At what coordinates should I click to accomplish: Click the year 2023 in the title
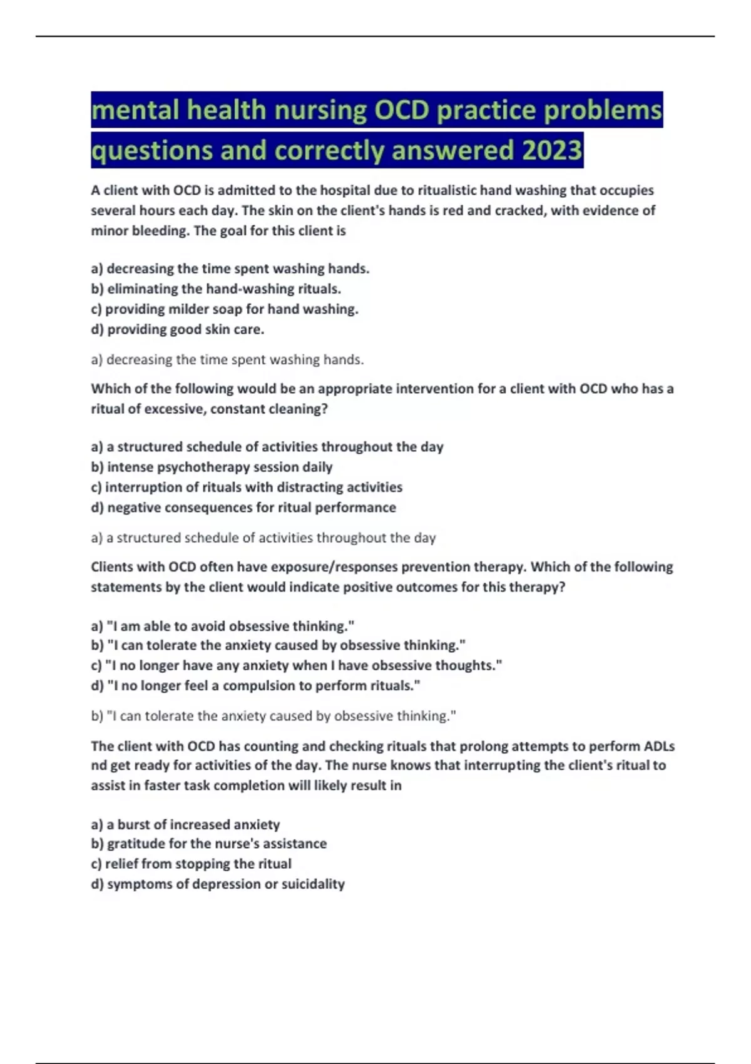551,150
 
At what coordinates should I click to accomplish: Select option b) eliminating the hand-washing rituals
216,289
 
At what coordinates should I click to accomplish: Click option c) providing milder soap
225,309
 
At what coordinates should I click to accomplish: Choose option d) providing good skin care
178,329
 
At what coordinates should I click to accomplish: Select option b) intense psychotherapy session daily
212,467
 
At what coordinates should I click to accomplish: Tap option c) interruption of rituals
247,487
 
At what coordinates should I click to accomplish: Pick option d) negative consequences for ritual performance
243,508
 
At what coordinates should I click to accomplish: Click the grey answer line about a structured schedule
263,538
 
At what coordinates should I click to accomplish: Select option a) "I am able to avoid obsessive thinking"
223,626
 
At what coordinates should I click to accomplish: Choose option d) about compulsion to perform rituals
255,686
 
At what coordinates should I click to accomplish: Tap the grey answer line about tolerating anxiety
273,716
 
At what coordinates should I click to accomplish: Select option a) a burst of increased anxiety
185,824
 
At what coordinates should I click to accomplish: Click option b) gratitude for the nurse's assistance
209,844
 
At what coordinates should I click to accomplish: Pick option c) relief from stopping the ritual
191,864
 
